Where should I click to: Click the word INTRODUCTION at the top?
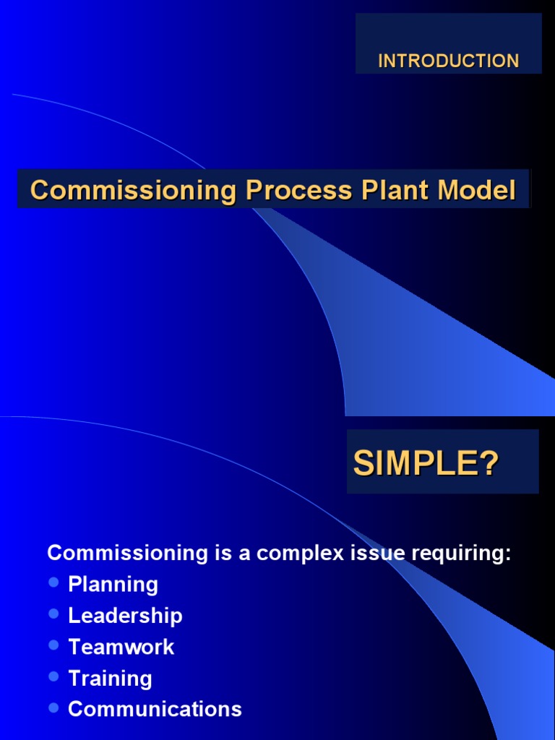pos(448,61)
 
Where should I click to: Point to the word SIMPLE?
pos(426,464)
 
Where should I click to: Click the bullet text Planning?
pos(113,584)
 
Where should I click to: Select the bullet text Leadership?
pos(125,616)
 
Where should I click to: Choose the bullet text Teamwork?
pos(121,647)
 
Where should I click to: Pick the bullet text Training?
pos(110,679)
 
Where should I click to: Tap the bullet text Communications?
pos(155,710)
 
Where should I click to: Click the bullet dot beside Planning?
pos(53,582)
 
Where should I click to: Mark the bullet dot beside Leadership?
pos(53,614)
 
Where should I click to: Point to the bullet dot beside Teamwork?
pos(53,645)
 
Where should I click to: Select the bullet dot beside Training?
pos(53,676)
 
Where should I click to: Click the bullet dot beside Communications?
pos(53,707)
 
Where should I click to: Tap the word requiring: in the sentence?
pos(465,554)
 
